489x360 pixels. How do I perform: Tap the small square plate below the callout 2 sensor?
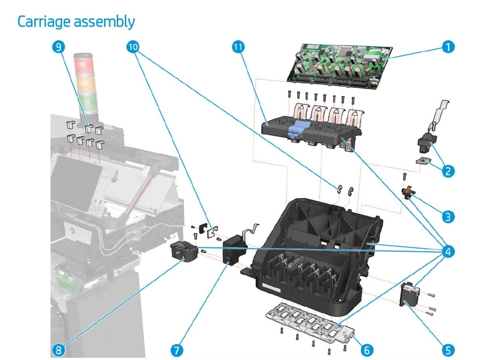point(423,161)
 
